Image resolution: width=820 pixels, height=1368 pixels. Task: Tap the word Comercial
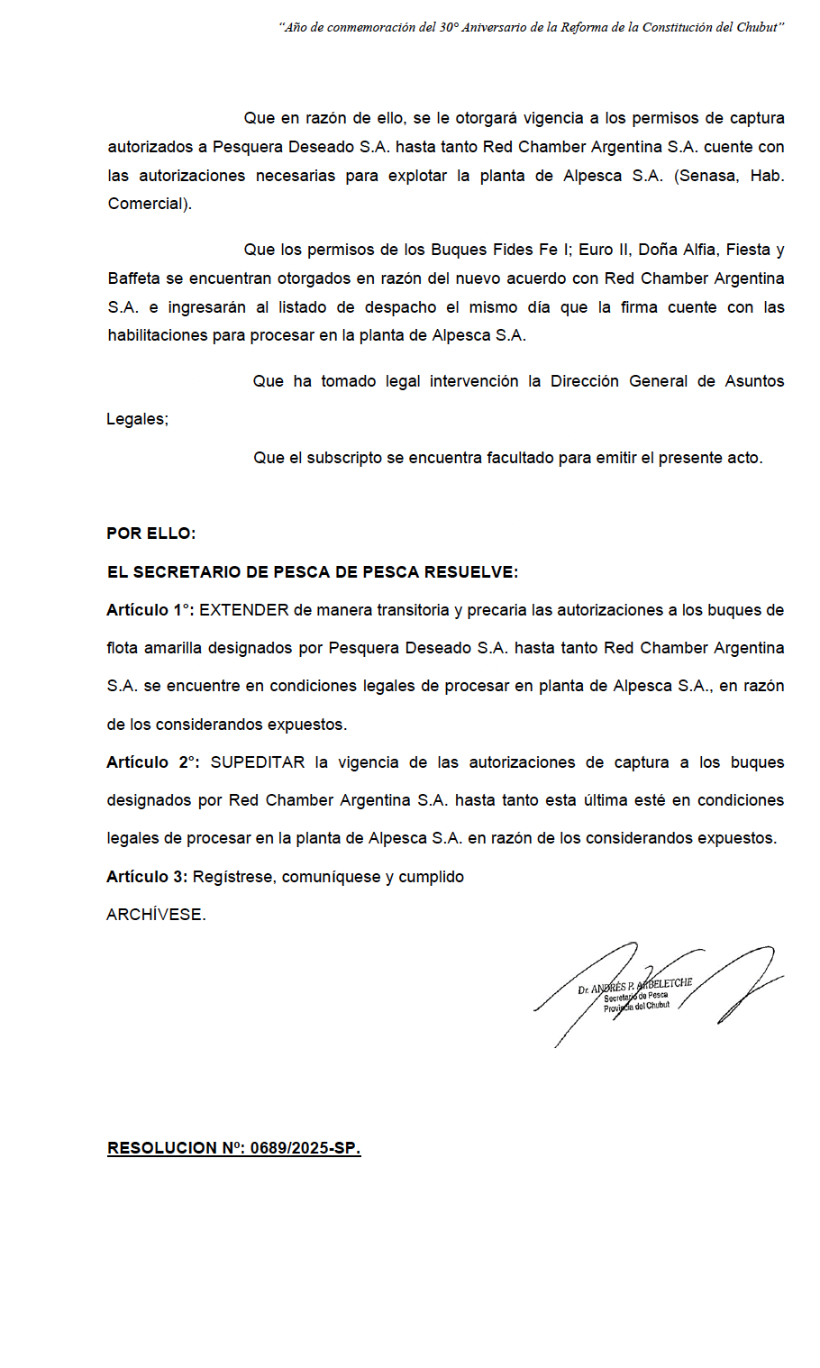click(148, 204)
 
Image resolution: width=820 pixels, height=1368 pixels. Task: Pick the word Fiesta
click(747, 250)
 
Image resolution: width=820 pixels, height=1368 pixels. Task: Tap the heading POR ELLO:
click(150, 534)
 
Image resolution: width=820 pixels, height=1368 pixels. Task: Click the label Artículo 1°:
click(150, 610)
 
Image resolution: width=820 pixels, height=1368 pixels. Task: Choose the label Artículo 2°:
click(152, 762)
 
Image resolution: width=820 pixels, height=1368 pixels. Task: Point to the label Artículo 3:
click(146, 877)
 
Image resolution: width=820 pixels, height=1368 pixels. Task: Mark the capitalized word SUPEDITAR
click(258, 762)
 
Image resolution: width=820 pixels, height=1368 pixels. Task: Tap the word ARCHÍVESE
click(156, 915)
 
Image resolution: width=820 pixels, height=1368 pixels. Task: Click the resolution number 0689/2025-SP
click(305, 1148)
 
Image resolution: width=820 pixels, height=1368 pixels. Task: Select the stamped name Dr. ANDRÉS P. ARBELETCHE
click(634, 985)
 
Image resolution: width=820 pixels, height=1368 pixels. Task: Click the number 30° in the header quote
click(449, 28)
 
